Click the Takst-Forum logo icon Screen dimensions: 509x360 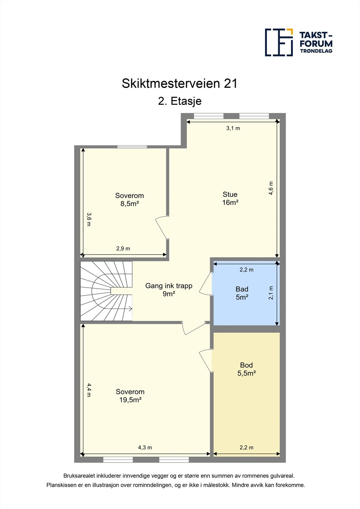[279, 42]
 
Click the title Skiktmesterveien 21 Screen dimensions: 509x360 [180, 84]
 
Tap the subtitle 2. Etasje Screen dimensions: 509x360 [180, 101]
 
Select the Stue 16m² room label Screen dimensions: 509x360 [230, 199]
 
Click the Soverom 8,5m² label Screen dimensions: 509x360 [129, 200]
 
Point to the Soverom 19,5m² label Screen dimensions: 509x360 [130, 396]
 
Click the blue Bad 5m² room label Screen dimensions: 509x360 [242, 293]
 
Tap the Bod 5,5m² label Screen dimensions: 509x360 [246, 369]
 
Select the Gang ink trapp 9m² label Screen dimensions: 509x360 [169, 289]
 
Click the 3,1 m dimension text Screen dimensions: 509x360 [233, 128]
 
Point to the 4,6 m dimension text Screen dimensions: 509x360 [271, 188]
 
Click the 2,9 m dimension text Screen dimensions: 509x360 [123, 248]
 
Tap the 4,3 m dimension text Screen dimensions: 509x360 [145, 447]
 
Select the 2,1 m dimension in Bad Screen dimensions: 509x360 [271, 293]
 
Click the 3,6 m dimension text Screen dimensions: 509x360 [89, 219]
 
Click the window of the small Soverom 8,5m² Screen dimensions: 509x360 [132, 147]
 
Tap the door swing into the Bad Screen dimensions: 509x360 [205, 284]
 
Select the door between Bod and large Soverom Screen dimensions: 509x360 [206, 361]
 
